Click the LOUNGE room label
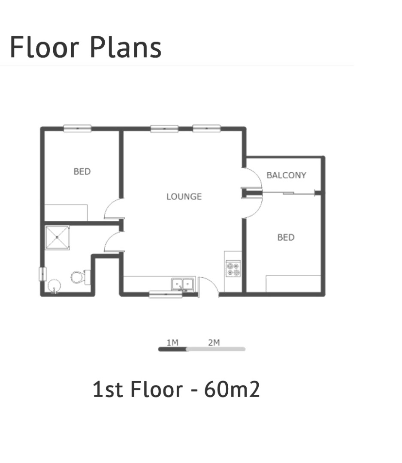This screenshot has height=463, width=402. click(184, 196)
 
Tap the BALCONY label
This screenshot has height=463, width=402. click(286, 175)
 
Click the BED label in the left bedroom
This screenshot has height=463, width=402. click(82, 171)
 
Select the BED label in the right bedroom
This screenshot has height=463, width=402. click(286, 237)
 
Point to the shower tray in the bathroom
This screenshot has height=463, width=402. click(57, 238)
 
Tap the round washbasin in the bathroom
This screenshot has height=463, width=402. click(54, 286)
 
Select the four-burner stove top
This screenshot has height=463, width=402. click(233, 268)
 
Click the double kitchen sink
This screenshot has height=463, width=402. click(183, 284)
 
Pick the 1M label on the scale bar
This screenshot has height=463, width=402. click(172, 343)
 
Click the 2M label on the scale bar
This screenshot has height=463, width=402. click(214, 343)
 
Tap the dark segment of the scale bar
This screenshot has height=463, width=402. click(172, 349)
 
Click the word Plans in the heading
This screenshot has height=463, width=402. click(126, 47)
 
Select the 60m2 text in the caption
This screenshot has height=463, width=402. click(232, 389)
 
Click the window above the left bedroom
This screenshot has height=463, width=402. click(78, 129)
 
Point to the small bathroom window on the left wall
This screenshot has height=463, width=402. click(43, 274)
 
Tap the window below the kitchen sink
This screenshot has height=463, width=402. click(166, 295)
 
